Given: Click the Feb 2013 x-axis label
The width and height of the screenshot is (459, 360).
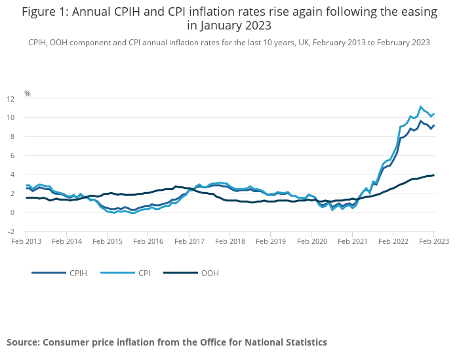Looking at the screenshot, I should [26, 241].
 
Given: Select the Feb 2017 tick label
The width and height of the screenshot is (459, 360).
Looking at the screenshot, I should [190, 241].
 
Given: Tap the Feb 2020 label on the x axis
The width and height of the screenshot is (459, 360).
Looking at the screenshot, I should [311, 241].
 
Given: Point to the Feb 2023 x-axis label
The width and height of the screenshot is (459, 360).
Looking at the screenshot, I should [434, 241].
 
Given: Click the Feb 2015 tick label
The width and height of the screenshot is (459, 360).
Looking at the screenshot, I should [108, 241].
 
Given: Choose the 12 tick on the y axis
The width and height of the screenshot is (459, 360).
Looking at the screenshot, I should [10, 99].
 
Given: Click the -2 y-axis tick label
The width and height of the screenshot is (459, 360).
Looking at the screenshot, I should [10, 231].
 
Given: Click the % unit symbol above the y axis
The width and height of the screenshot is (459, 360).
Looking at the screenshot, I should [28, 94].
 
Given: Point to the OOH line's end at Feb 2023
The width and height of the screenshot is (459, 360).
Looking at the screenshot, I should [434, 175].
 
